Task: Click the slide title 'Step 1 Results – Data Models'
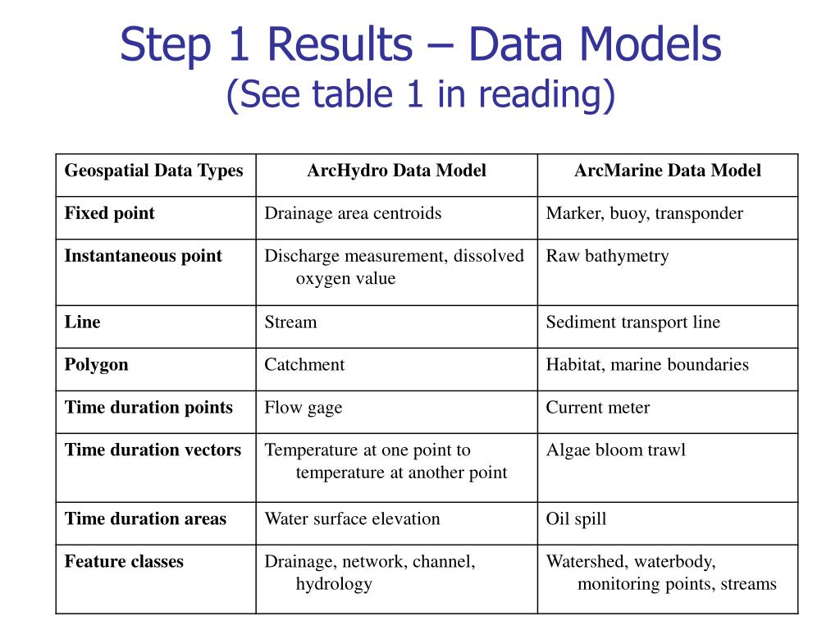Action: point(420,45)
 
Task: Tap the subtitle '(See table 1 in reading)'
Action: point(420,94)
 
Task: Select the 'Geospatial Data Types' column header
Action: point(154,171)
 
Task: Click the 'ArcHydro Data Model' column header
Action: point(396,171)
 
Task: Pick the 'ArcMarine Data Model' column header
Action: point(667,171)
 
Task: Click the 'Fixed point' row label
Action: point(110,213)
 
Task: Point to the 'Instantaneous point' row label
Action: point(144,256)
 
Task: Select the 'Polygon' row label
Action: point(97,364)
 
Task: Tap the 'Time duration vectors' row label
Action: point(153,450)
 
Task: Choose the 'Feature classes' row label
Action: point(124,562)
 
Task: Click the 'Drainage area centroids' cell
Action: point(353,213)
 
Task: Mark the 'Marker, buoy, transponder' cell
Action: point(645,213)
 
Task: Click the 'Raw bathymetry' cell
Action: point(608,256)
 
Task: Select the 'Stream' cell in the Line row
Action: point(290,322)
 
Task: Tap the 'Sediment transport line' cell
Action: point(633,322)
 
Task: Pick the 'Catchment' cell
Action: point(304,364)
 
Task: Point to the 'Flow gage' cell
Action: point(304,407)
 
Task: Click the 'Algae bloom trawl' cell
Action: point(616,450)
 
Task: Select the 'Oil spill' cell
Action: point(577,518)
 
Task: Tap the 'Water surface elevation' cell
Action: point(352,518)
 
